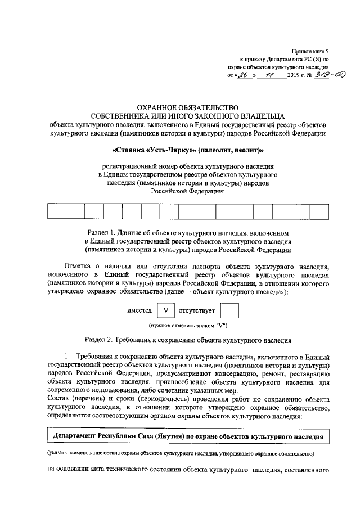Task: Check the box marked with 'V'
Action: tap(165, 310)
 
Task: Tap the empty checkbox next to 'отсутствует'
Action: tap(230, 310)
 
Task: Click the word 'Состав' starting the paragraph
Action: tap(59, 400)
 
